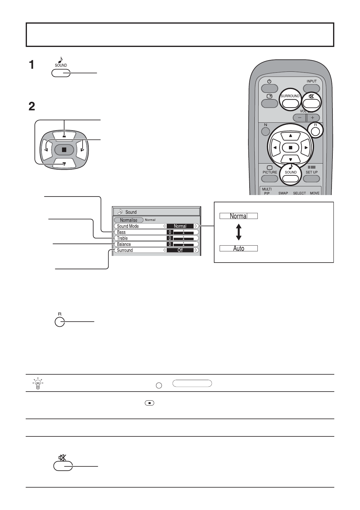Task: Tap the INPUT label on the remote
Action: pos(312,81)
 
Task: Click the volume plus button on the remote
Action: pos(313,118)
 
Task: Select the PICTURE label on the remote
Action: pos(270,172)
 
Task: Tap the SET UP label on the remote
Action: pos(312,172)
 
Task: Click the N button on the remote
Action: pos(265,131)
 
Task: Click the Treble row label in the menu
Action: pos(123,238)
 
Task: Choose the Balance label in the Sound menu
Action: pos(124,244)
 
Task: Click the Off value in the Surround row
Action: pos(180,250)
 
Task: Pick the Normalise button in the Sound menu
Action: pos(129,220)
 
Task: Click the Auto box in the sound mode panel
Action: pos(239,249)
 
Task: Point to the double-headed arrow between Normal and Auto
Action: pos(239,232)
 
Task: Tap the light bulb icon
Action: pos(38,383)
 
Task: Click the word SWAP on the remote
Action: pos(283,193)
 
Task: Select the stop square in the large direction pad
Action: pos(64,150)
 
